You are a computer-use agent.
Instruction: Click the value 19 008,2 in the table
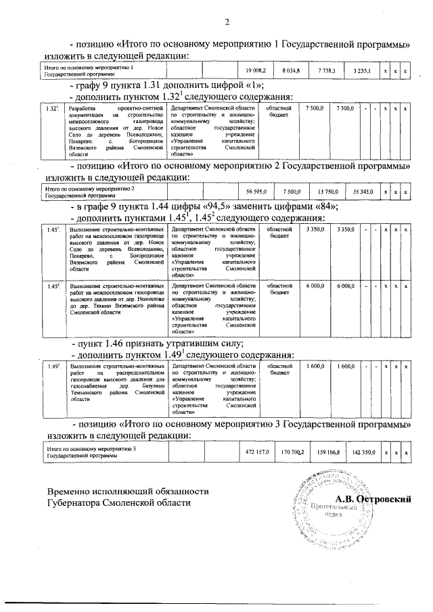click(256, 70)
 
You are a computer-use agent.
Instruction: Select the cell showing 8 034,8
click(290, 70)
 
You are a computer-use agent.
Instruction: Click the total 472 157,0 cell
click(256, 451)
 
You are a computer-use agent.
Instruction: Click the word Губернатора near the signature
click(80, 502)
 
